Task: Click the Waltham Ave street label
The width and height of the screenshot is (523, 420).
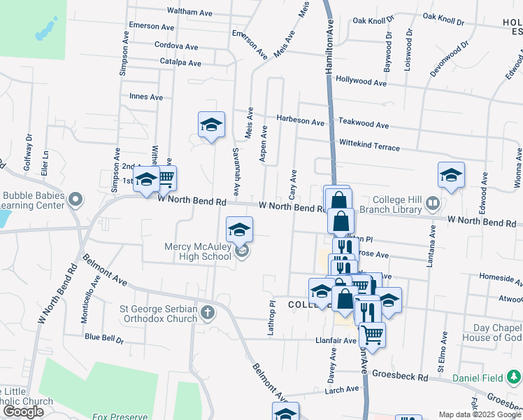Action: (x=189, y=12)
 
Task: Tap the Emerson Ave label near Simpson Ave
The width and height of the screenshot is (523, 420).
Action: (x=152, y=27)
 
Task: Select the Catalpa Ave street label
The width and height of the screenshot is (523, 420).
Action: (x=180, y=63)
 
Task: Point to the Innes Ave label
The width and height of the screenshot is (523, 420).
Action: (x=145, y=97)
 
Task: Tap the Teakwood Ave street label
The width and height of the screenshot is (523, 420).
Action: (x=364, y=125)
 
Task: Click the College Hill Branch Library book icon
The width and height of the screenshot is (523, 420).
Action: (x=433, y=204)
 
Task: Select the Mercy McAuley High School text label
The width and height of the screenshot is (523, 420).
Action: (x=198, y=251)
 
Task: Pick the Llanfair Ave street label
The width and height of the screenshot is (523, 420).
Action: (x=336, y=341)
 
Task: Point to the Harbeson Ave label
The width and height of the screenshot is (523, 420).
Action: (x=301, y=120)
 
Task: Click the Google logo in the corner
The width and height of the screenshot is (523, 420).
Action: (x=23, y=412)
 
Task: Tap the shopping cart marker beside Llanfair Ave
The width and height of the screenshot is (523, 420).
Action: (x=372, y=334)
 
